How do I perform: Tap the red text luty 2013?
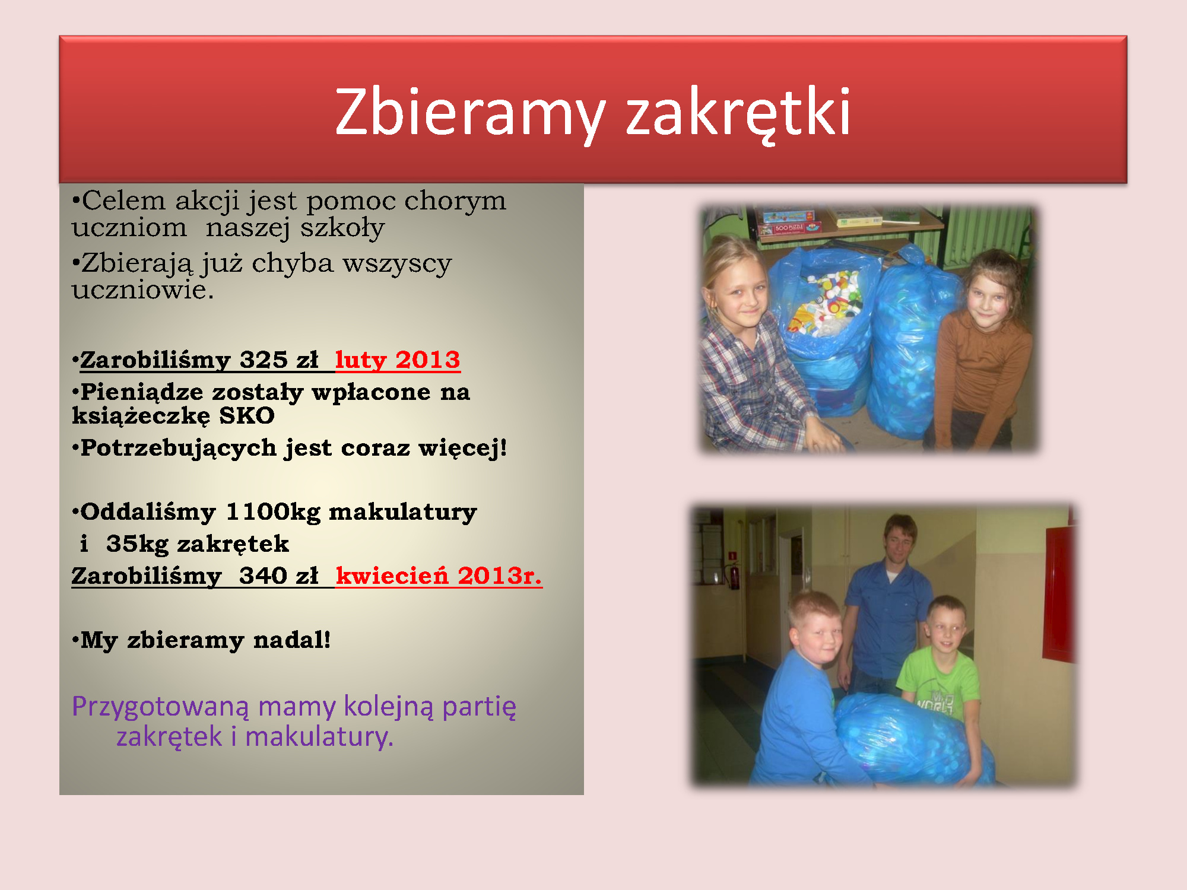pyautogui.click(x=398, y=360)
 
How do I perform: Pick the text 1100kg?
pyautogui.click(x=274, y=511)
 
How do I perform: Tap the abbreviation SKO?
pyautogui.click(x=247, y=415)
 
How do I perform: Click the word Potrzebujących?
pyautogui.click(x=179, y=449)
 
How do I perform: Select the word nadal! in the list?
pyautogui.click(x=292, y=640)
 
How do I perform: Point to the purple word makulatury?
pyautogui.click(x=319, y=736)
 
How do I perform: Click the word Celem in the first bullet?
pyautogui.click(x=123, y=201)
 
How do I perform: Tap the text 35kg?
pyautogui.click(x=137, y=544)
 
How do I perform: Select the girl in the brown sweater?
pyautogui.click(x=979, y=350)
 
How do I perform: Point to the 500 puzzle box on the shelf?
pyautogui.click(x=789, y=227)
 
